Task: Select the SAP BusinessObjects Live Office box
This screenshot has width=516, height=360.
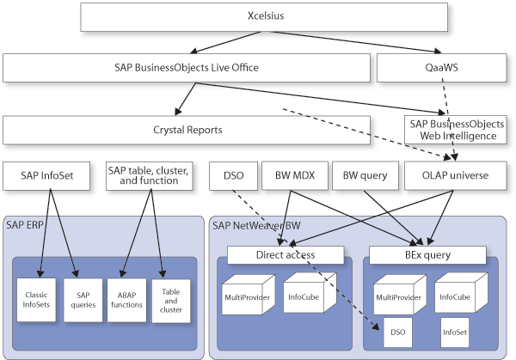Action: pyautogui.click(x=187, y=67)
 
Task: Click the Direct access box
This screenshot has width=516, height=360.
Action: pyautogui.click(x=286, y=255)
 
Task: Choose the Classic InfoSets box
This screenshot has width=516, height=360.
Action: pyautogui.click(x=36, y=300)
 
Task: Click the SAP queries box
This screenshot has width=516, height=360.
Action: pyautogui.click(x=83, y=299)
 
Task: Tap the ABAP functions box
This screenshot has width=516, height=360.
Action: pyautogui.click(x=127, y=299)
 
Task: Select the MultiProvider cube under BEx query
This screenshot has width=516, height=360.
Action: pyautogui.click(x=396, y=297)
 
